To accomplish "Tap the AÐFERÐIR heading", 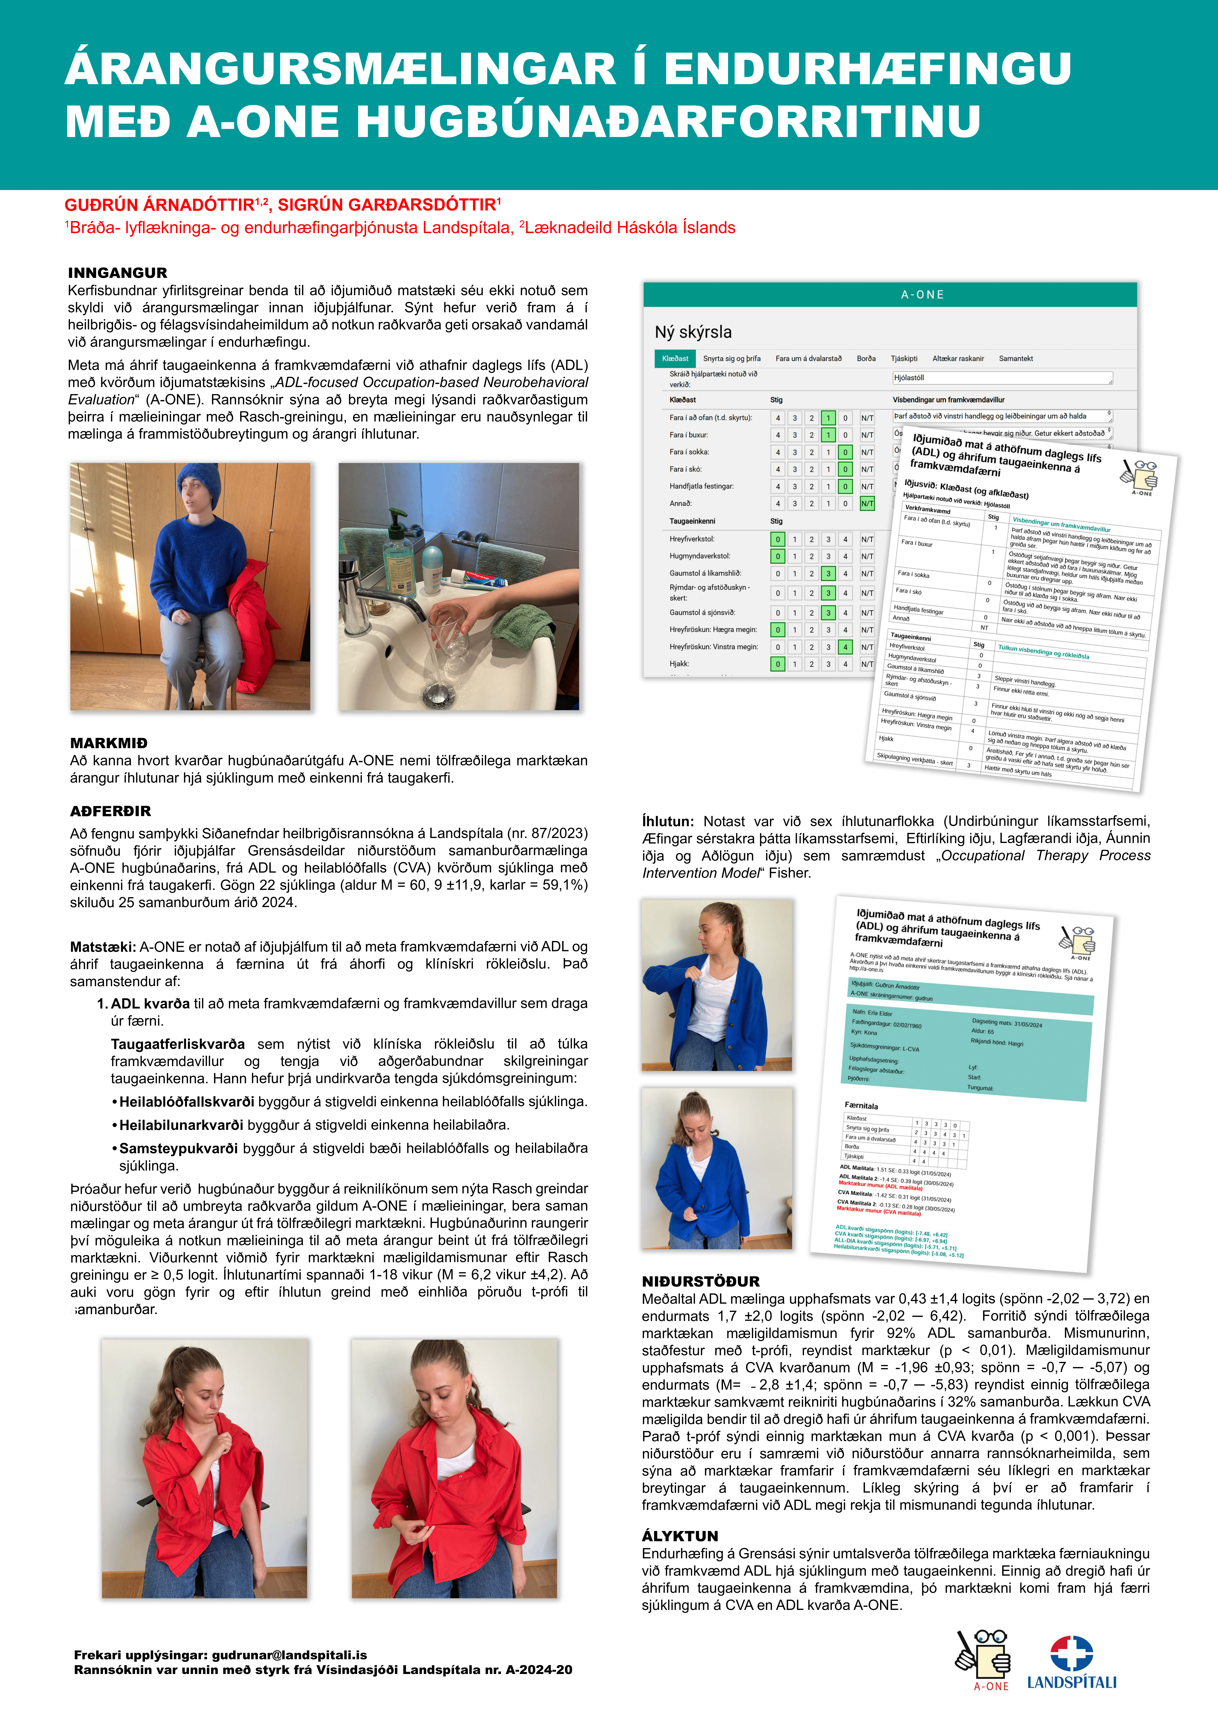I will click(110, 811).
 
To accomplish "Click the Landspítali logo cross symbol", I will click(1071, 1653).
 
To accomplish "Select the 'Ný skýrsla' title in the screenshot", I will click(693, 332).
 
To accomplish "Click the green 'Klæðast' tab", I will click(675, 358).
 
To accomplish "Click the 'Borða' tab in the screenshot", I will click(866, 358).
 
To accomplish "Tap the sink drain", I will click(439, 693).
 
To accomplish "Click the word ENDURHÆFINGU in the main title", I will click(867, 69).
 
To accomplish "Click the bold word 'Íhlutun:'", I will click(668, 821).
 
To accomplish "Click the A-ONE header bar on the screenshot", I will click(890, 295).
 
